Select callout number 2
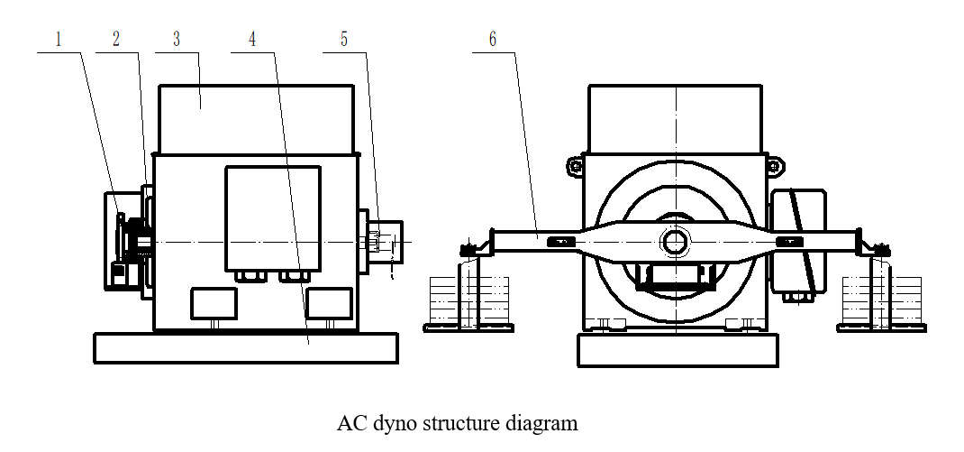(x=116, y=41)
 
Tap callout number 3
(x=176, y=41)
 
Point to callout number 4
(x=252, y=41)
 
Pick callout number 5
(x=342, y=41)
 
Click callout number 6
(x=492, y=41)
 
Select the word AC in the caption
(x=350, y=422)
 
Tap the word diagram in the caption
(x=541, y=422)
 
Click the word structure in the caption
(x=459, y=422)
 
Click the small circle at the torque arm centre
(x=674, y=241)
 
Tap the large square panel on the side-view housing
(x=272, y=217)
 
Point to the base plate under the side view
(x=246, y=347)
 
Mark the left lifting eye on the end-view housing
(x=573, y=165)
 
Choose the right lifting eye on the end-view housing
(x=772, y=165)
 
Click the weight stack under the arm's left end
(x=468, y=300)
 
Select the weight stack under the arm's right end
(x=881, y=300)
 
